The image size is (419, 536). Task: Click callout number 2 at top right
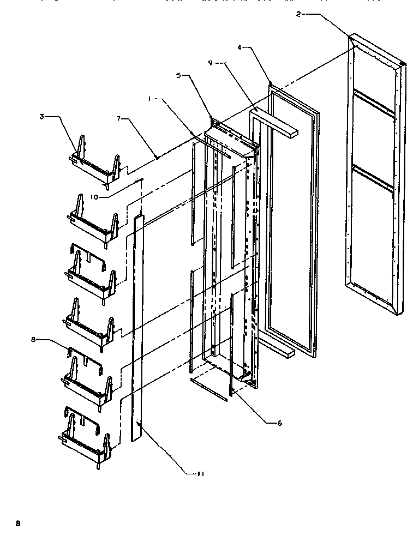click(298, 14)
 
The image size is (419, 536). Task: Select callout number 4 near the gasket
click(239, 48)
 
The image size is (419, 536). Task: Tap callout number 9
click(211, 63)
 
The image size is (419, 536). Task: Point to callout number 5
click(178, 76)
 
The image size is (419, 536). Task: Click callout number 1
click(149, 99)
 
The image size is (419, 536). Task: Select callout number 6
click(280, 422)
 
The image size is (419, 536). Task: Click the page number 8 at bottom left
click(17, 523)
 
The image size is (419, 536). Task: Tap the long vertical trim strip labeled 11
click(137, 327)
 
